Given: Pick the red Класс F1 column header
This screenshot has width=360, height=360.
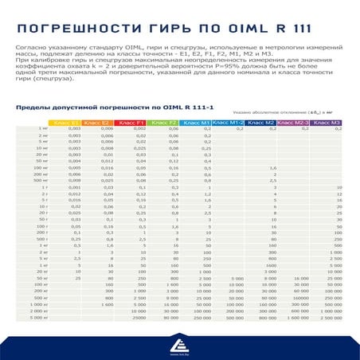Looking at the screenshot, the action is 131,123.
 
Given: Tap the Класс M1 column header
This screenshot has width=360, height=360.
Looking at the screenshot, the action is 196,123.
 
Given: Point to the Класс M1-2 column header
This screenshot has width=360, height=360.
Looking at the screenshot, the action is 229,123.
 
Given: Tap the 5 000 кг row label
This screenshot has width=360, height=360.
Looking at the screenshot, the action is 39,317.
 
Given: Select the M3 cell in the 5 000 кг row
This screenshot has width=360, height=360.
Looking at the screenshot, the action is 329,317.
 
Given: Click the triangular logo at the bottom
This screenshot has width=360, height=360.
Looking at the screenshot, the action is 179,342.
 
